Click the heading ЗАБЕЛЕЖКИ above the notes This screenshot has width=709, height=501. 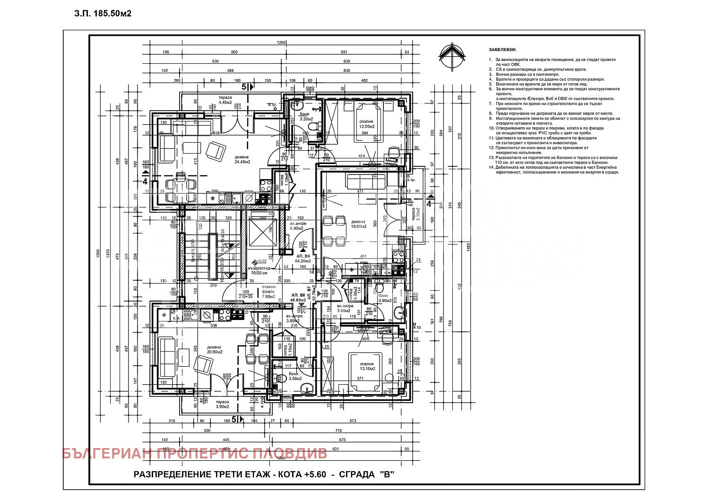[503, 50]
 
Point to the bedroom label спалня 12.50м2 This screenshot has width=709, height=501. [366, 124]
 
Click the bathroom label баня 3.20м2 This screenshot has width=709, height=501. [306, 116]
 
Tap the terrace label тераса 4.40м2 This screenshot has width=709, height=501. [225, 100]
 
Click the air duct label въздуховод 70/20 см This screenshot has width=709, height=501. [258, 271]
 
